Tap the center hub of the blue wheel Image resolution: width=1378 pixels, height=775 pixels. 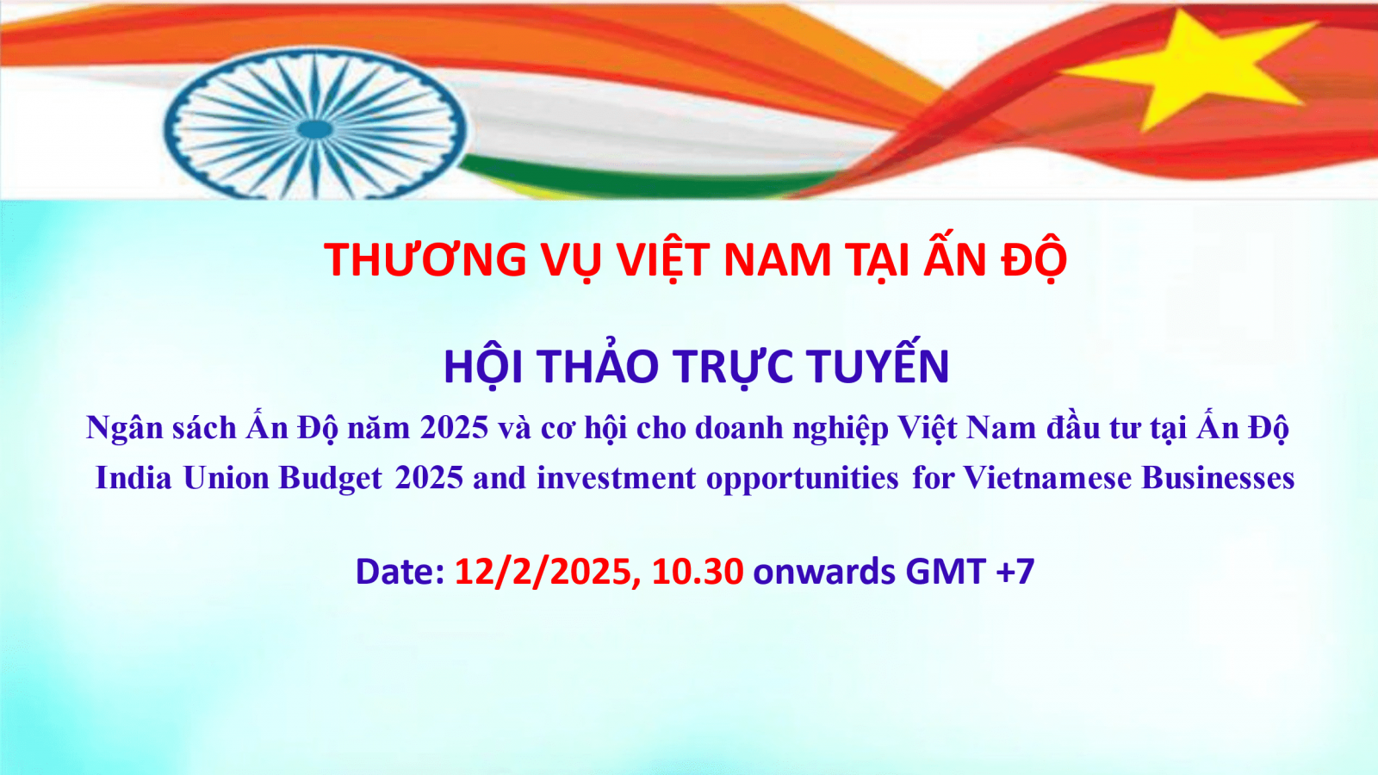tap(315, 129)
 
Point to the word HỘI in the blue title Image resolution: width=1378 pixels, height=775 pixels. tap(483, 367)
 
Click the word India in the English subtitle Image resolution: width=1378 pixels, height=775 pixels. tap(133, 478)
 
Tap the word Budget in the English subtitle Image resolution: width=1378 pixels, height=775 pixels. tap(331, 479)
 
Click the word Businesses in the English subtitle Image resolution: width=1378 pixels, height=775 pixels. tap(1218, 478)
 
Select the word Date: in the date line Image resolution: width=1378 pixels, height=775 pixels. tap(400, 572)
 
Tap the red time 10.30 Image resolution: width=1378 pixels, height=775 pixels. tap(698, 572)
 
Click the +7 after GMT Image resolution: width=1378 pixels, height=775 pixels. tap(1015, 572)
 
